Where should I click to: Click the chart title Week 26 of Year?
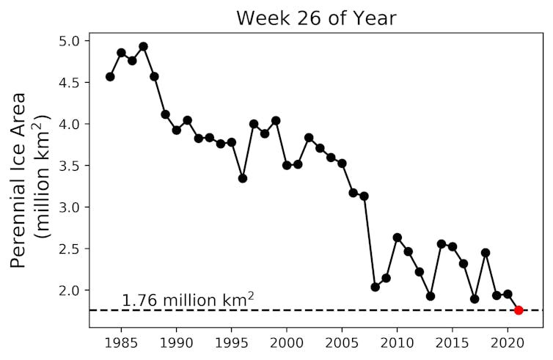(x=316, y=18)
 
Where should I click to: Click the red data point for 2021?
(x=519, y=310)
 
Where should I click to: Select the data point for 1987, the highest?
(x=143, y=46)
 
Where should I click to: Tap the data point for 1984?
(x=110, y=76)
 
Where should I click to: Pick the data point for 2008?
(x=375, y=287)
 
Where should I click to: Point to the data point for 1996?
(x=243, y=178)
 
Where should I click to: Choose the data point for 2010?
(x=397, y=238)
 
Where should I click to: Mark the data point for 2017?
(x=475, y=298)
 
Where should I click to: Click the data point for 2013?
(x=431, y=296)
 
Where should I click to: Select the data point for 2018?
(x=486, y=252)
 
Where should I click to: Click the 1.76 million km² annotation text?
(x=188, y=299)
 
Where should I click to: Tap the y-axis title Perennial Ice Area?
(x=29, y=180)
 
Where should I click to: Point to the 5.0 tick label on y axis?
(x=71, y=41)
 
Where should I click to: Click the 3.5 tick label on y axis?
(x=71, y=166)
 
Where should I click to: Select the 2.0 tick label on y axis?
(x=71, y=290)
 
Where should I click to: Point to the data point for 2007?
(x=364, y=196)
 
